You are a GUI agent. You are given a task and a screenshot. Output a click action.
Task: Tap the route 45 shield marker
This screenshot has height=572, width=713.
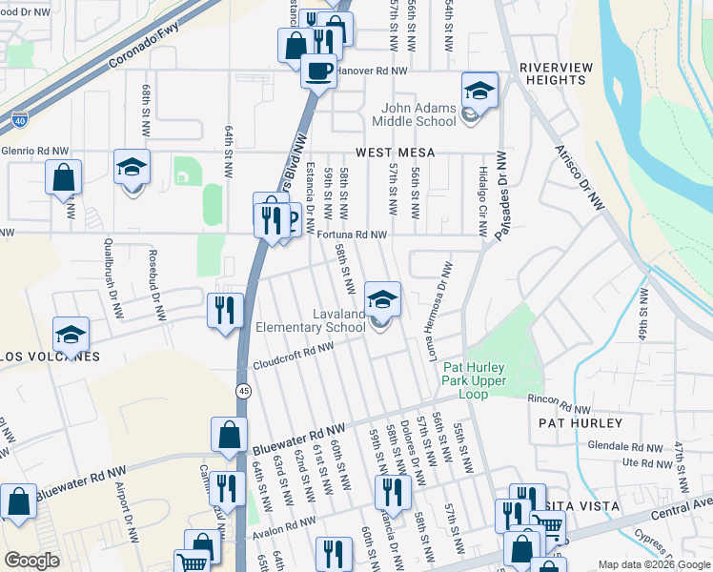(243, 391)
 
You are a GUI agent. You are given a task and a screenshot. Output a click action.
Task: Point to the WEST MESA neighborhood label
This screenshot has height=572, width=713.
(396, 153)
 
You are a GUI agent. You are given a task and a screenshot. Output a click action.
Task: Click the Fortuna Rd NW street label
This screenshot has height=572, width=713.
(351, 235)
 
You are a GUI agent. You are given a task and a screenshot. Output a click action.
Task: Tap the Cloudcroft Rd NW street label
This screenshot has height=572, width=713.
(293, 357)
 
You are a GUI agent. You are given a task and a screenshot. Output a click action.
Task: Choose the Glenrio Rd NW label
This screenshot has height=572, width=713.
(35, 151)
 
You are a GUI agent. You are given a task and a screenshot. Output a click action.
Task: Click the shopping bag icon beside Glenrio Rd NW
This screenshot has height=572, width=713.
(63, 177)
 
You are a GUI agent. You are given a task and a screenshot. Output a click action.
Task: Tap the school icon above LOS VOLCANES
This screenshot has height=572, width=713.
(71, 335)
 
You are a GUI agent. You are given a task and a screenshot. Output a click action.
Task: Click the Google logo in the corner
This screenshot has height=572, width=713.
(31, 561)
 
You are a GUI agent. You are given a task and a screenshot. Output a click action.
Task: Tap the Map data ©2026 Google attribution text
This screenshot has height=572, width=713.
(653, 564)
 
